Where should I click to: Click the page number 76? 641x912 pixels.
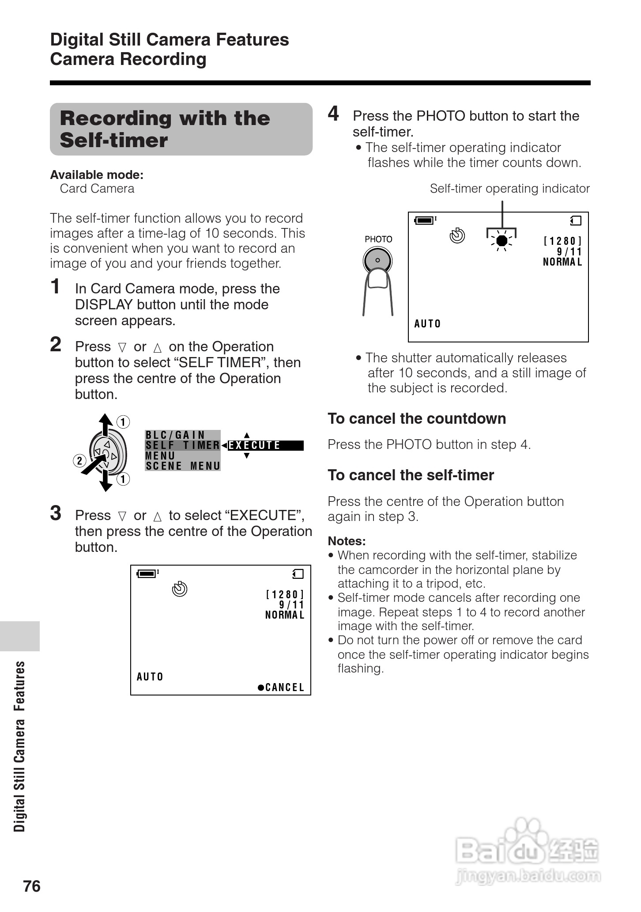click(32, 886)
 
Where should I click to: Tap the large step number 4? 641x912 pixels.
click(333, 114)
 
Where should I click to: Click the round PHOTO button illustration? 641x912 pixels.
click(377, 260)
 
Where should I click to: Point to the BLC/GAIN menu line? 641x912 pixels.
click(176, 435)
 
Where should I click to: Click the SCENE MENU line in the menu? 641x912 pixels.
click(183, 466)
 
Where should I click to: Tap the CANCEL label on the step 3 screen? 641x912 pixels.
click(281, 687)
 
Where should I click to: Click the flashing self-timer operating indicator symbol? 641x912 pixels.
click(501, 241)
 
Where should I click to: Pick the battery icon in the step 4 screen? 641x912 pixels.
click(425, 220)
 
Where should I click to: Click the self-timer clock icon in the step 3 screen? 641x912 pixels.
click(180, 589)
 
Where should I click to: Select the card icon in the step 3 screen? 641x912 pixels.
click(298, 574)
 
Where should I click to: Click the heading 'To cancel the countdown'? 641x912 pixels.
click(416, 418)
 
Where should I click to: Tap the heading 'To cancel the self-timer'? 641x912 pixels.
click(411, 475)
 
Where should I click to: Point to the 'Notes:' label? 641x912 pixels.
click(347, 541)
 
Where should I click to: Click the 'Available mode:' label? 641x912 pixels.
click(97, 175)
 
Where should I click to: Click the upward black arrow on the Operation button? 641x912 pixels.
click(105, 424)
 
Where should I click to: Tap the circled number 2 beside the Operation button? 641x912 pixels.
click(79, 461)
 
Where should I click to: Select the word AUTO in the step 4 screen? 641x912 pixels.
click(427, 324)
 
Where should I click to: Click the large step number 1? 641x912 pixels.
click(55, 286)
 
